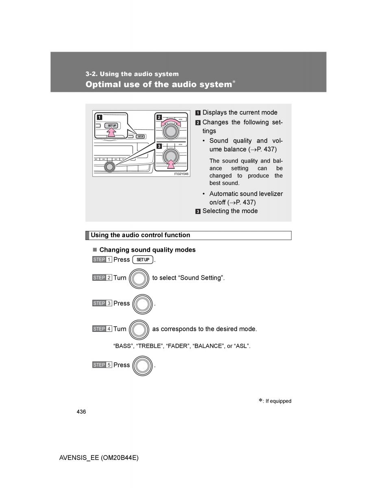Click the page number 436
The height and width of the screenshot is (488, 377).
click(x=81, y=412)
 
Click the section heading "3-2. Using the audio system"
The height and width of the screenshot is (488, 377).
click(x=132, y=74)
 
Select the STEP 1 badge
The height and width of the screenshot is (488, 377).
click(x=102, y=259)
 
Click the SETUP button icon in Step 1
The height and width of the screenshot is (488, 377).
click(x=143, y=260)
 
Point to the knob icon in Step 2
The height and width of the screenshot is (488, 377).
click(x=139, y=278)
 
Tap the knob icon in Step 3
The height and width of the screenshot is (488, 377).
click(x=142, y=304)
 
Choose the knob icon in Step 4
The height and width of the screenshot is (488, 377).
click(x=139, y=329)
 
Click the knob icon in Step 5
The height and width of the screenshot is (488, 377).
click(x=142, y=365)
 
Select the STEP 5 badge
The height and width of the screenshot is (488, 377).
click(x=102, y=365)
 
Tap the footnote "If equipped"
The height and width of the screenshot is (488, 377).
click(x=278, y=401)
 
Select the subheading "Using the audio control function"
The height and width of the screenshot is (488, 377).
click(x=140, y=235)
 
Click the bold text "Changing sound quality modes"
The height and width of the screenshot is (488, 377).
click(x=147, y=250)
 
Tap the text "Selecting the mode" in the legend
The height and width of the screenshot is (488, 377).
click(x=230, y=211)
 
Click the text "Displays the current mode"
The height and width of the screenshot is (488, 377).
click(x=240, y=113)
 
